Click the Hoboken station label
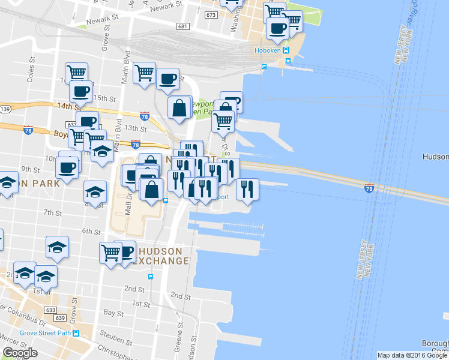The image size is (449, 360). (268, 50)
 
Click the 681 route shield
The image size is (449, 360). (183, 26)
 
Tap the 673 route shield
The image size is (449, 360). (210, 14)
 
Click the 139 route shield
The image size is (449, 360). (5, 109)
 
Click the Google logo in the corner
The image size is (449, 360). (20, 353)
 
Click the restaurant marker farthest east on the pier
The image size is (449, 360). (247, 189)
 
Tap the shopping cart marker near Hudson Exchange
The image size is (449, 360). (112, 252)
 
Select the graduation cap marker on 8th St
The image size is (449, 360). (95, 192)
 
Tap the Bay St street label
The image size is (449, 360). (113, 313)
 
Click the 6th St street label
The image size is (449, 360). (91, 231)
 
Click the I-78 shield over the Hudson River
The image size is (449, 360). (369, 188)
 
